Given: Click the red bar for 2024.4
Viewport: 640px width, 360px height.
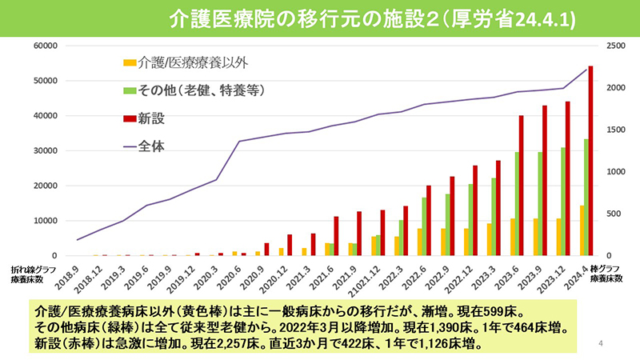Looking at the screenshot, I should [x=590, y=160].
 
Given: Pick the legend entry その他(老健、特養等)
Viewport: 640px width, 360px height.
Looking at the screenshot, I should [x=200, y=90].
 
